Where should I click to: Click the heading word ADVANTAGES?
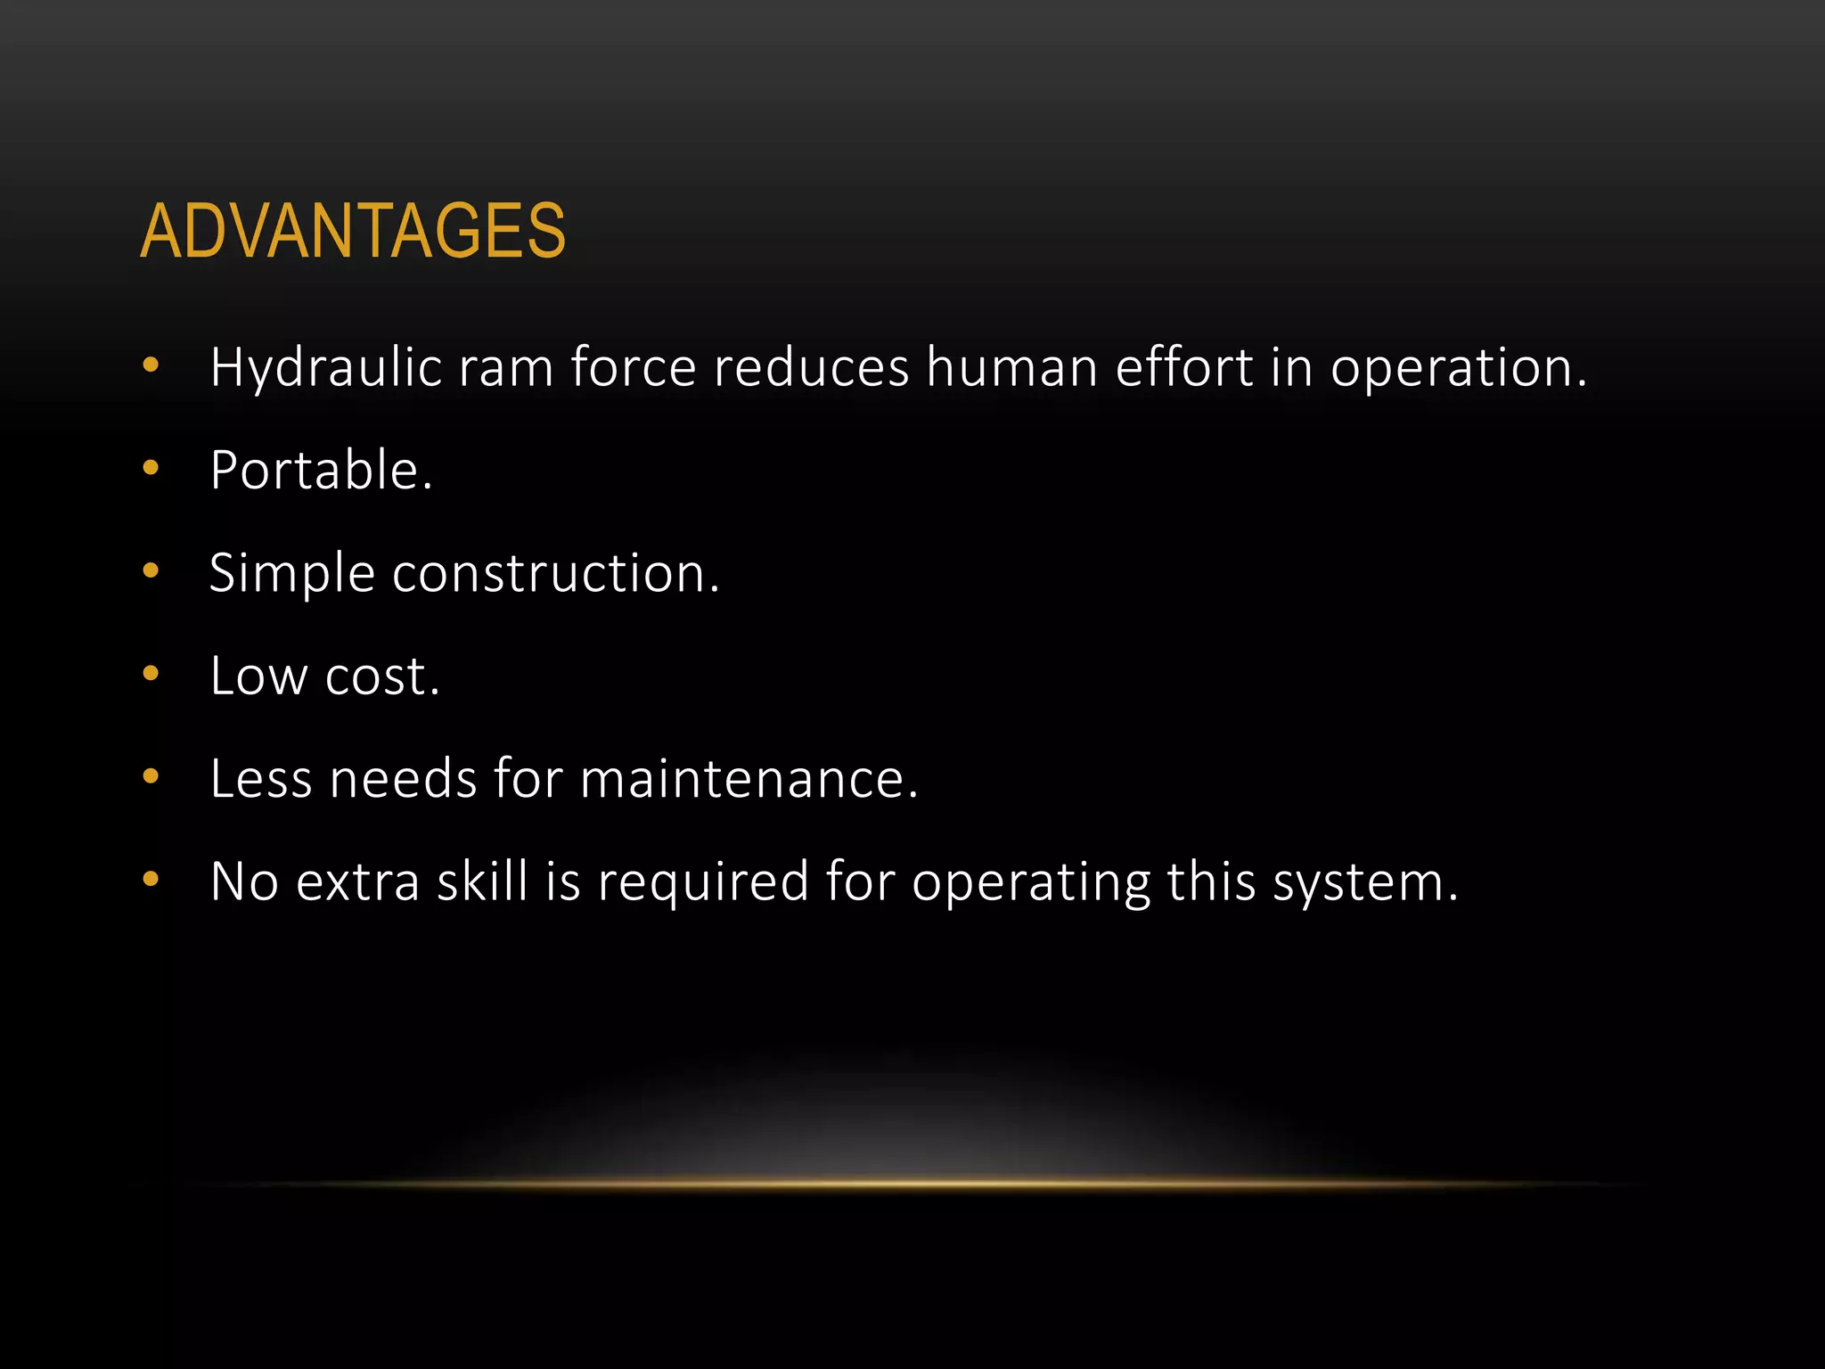click(353, 232)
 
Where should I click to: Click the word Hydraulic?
click(326, 368)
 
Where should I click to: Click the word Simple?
click(291, 574)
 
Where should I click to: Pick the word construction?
click(555, 573)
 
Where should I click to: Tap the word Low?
click(259, 676)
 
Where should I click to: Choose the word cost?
click(382, 676)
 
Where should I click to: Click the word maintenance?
click(749, 779)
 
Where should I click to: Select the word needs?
click(404, 779)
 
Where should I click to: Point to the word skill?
click(483, 881)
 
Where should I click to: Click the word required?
click(703, 883)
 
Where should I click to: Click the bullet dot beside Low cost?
click(151, 673)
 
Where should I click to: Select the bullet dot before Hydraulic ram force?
click(151, 365)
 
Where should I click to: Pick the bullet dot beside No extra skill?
click(151, 879)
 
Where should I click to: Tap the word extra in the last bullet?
click(357, 881)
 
